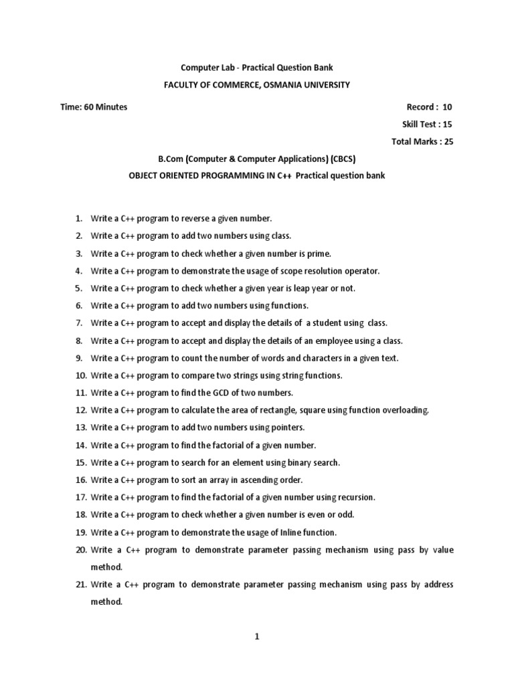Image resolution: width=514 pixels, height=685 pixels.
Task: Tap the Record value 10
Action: point(448,107)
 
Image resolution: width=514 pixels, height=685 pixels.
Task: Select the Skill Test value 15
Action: point(448,124)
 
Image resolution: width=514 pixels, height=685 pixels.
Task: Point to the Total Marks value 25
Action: point(448,142)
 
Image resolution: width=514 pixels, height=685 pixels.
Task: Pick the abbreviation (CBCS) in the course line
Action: point(341,159)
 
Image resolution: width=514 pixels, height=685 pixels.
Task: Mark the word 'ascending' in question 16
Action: point(256,480)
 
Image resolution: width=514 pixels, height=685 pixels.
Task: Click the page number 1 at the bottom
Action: point(257,637)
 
